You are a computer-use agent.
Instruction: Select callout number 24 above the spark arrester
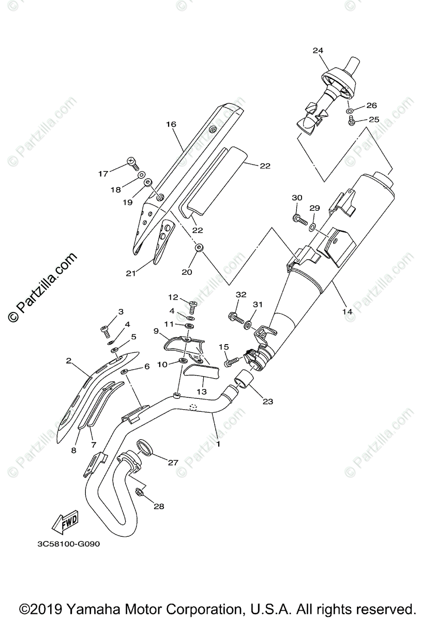[x=318, y=51]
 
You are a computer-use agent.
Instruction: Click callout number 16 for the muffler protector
[x=171, y=125]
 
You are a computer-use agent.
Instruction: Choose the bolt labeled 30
[x=299, y=220]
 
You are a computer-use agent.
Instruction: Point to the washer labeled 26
[x=350, y=111]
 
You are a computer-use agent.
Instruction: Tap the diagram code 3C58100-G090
[x=68, y=544]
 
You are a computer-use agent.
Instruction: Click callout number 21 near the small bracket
[x=131, y=272]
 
